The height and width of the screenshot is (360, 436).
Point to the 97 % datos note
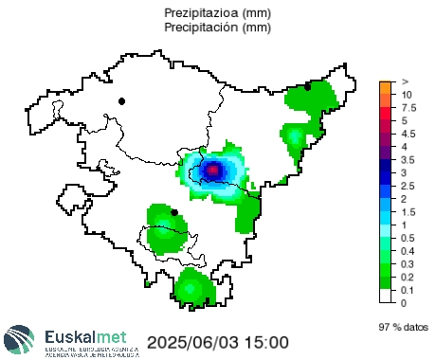[x=402, y=326]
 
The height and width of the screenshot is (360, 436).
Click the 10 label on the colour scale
[x=406, y=95]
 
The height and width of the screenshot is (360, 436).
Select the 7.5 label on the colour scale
[x=408, y=109]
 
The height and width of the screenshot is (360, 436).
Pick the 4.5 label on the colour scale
[x=408, y=135]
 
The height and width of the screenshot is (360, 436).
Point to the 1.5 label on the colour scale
[x=408, y=211]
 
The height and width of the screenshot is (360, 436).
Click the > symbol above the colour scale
[x=405, y=81]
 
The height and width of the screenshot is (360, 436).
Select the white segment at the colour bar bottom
[x=386, y=296]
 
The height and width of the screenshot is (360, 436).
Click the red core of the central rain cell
[x=214, y=170]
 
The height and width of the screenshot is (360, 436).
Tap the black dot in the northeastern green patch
[x=308, y=86]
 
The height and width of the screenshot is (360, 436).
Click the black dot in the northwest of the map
[x=121, y=100]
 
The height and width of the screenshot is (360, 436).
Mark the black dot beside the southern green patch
[x=174, y=211]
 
